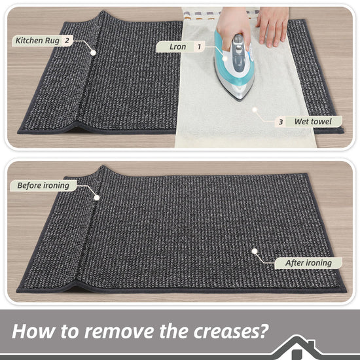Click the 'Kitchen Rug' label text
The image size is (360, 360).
[x=37, y=41]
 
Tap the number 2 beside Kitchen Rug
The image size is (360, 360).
[x=67, y=41]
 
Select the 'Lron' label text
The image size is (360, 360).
[x=177, y=47]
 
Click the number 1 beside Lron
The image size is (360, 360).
[x=199, y=47]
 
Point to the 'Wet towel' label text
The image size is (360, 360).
[x=313, y=122]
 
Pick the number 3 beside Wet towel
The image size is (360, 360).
[x=281, y=122]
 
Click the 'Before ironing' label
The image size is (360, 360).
[x=43, y=185]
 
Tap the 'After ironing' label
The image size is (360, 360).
[x=308, y=263]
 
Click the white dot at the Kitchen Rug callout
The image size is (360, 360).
[x=93, y=52]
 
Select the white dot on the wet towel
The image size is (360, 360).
[x=255, y=110]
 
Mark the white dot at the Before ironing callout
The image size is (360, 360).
[x=97, y=198]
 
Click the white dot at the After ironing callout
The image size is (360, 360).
[x=255, y=251]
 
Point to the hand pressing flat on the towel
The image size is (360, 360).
[x=273, y=26]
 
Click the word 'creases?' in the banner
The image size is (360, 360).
[x=231, y=332]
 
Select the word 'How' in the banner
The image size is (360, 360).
[x=33, y=332]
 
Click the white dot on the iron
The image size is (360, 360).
[x=225, y=58]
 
